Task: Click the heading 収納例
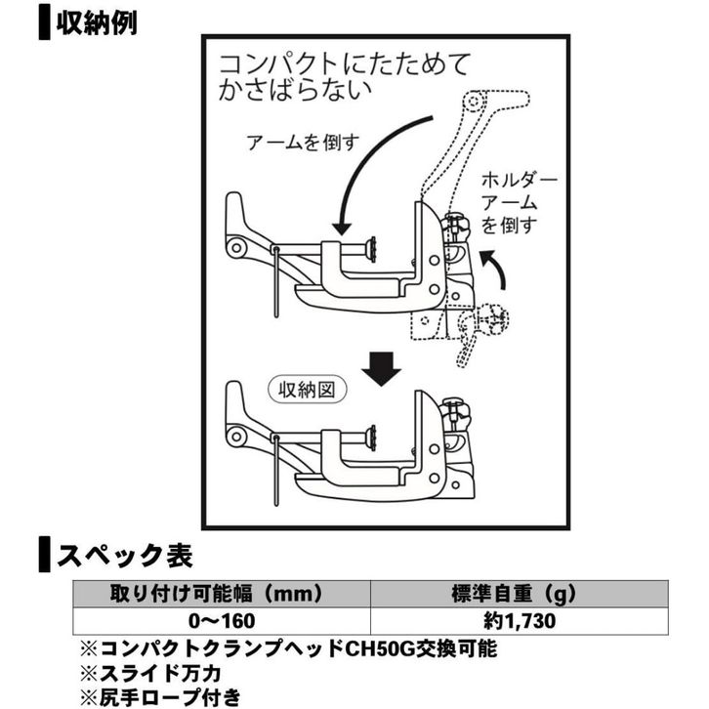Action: pos(97,23)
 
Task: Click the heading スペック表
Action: pos(124,555)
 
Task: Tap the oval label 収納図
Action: pos(308,390)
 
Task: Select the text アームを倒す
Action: pos(303,143)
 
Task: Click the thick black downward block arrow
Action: pos(381,369)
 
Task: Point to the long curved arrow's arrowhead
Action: pos(342,228)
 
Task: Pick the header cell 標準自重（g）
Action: pos(520,593)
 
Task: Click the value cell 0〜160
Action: pos(222,621)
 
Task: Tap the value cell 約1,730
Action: pos(520,621)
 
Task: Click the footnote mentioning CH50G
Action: pos(288,648)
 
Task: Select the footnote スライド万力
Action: pos(150,673)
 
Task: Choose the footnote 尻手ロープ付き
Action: pos(160,697)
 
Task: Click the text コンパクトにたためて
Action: pos(345,64)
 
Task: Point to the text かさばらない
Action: pos(295,90)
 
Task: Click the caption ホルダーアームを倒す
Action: pos(519,202)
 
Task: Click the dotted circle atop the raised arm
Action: pos(474,102)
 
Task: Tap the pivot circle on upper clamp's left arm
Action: pos(236,247)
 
